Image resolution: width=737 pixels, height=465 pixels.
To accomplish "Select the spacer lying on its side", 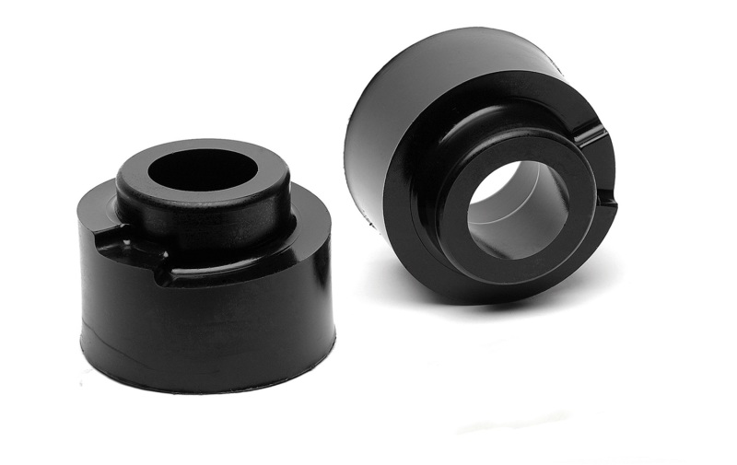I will [479, 166].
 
